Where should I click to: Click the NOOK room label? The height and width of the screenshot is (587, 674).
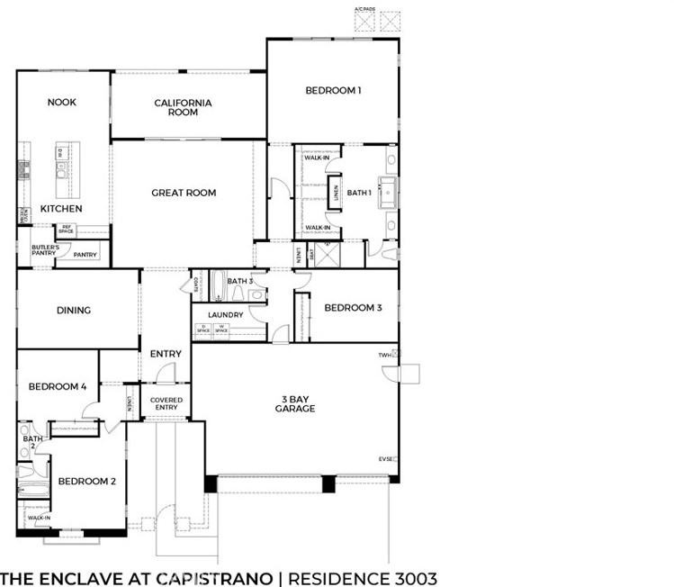61,103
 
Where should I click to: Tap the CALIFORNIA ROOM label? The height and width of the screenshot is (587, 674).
183,108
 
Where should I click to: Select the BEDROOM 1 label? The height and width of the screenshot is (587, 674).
333,90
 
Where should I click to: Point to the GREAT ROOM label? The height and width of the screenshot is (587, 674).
184,193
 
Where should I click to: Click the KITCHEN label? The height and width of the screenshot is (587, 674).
61,209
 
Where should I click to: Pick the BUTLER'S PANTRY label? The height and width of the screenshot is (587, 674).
45,250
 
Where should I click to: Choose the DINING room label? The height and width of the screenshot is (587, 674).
74,311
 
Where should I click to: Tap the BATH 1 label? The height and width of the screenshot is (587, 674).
359,193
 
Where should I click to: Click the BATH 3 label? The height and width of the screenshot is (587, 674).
240,282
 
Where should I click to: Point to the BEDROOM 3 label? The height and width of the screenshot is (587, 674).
354,308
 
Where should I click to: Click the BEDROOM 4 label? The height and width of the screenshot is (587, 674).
58,387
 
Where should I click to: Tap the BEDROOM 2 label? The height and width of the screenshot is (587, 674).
87,481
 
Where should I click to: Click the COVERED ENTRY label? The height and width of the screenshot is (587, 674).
166,403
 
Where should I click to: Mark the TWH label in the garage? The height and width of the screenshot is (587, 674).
385,356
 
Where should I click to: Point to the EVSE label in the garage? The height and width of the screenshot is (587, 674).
385,459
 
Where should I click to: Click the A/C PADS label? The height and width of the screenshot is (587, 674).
364,8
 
